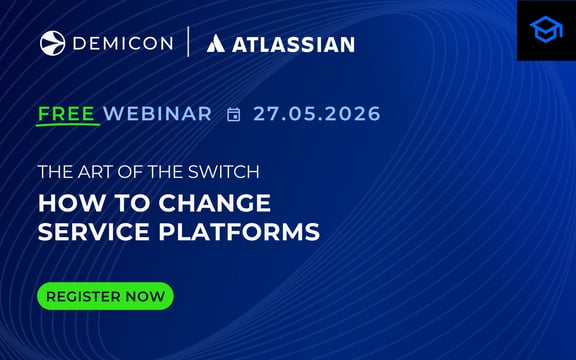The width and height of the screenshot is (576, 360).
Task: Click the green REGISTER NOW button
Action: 105,296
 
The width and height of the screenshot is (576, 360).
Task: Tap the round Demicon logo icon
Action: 52,43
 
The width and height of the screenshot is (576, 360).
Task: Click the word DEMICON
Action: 122,43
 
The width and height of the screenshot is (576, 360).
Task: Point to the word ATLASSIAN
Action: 294,44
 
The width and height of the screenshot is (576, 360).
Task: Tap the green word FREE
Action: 67,114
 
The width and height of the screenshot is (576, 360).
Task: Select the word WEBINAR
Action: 157,114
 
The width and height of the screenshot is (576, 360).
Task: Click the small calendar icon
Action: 234,115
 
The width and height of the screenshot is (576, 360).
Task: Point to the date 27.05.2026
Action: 317,114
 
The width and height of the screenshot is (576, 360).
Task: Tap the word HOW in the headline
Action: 65,203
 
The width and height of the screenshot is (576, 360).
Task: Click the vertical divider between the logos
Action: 188,43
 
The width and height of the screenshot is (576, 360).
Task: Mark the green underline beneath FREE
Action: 67,126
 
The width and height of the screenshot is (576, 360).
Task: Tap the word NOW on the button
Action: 145,297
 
